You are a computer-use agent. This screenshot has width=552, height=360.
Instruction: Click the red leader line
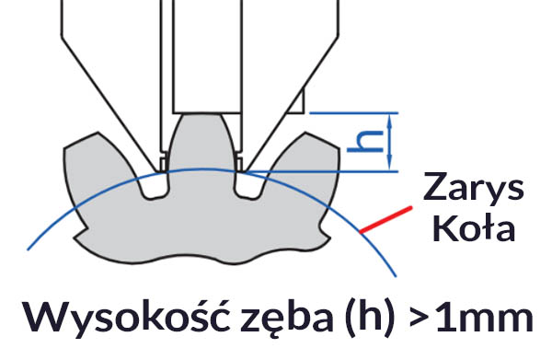383,219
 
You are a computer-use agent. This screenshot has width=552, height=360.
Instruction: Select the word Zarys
473,189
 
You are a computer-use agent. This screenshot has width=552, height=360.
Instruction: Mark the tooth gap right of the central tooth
247,184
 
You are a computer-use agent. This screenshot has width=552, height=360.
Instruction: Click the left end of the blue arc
29,247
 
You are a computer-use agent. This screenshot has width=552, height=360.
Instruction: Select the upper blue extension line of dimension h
354,111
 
